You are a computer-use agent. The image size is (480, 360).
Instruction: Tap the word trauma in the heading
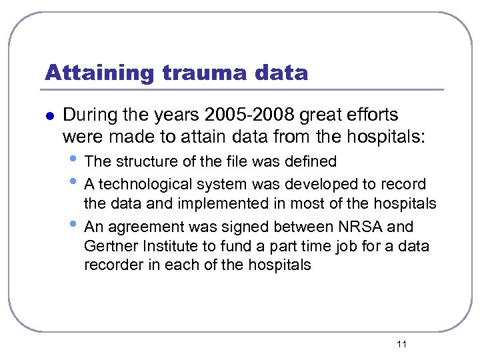(x=191, y=72)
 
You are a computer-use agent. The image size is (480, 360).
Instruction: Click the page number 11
(x=401, y=343)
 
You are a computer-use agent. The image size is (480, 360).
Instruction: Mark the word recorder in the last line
(x=110, y=265)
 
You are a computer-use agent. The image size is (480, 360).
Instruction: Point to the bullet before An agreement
(x=73, y=225)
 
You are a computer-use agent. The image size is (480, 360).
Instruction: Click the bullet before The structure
(x=73, y=159)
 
